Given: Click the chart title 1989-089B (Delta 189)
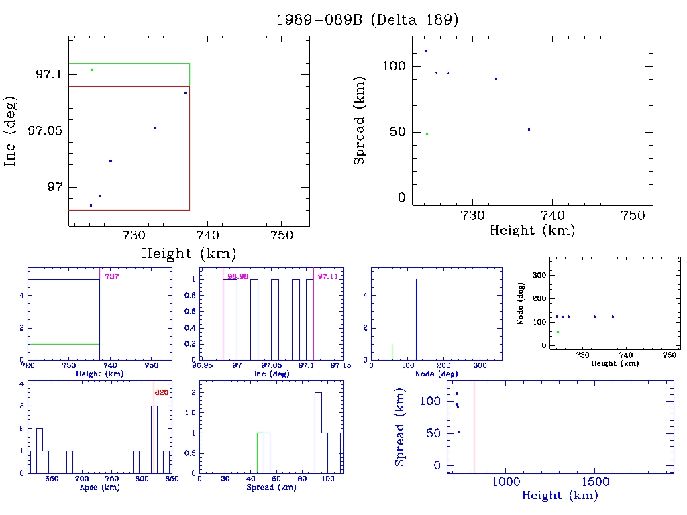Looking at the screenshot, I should point(367,20).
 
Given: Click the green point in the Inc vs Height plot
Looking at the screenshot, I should point(92,70).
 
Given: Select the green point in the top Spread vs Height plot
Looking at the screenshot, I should point(427,134).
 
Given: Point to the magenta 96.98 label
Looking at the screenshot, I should point(237,276).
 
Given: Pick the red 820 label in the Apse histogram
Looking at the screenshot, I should point(161,392).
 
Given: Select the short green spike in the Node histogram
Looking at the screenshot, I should point(392,351).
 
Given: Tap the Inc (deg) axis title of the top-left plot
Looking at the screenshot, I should point(11,131).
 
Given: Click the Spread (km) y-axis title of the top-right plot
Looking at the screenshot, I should point(360,132).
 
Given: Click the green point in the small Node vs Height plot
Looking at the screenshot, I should point(558,332).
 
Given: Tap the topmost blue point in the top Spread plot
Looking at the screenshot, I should point(425,51).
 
